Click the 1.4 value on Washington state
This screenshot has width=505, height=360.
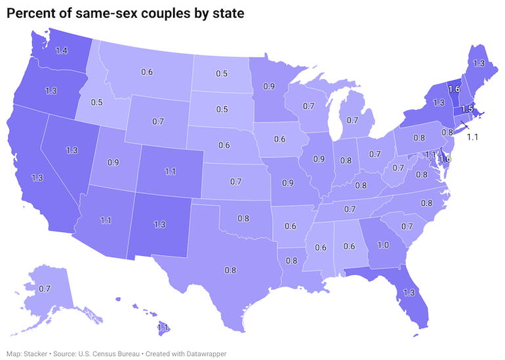point(62,50)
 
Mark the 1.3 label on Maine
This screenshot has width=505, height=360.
point(479,63)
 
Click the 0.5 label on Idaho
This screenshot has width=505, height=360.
point(96,103)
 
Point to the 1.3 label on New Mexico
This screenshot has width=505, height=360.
point(159,224)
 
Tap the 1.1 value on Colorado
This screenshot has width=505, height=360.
point(171,172)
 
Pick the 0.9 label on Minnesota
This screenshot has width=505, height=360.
point(269,86)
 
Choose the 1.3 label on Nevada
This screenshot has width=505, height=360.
point(72,150)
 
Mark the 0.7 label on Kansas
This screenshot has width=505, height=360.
point(236,180)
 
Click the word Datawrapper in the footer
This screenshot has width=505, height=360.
point(208,353)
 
